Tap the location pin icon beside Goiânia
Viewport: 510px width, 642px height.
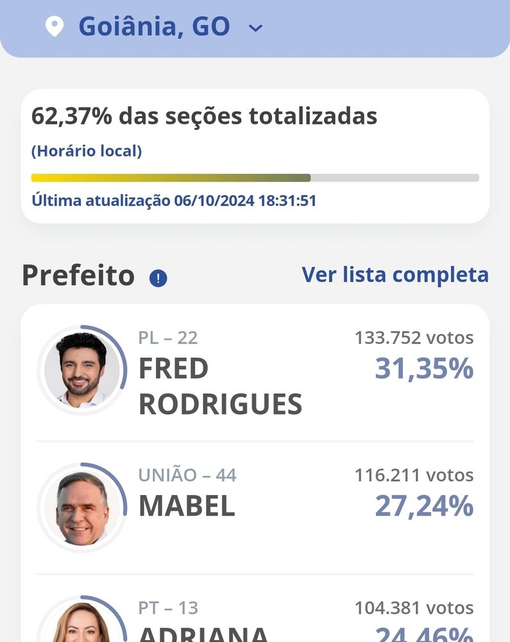(55, 27)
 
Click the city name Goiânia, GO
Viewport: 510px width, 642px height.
(154, 27)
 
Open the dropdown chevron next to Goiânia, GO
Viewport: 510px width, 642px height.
(255, 28)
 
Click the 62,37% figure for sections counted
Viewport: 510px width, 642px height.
(72, 116)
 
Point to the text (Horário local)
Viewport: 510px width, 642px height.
(87, 152)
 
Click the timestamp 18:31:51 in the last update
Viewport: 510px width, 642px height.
(287, 200)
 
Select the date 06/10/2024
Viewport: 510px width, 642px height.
(214, 200)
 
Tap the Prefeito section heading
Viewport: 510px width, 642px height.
(78, 275)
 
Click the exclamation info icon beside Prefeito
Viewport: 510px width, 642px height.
(158, 278)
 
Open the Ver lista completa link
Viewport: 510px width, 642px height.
(395, 275)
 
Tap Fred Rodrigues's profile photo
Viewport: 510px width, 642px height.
(82, 370)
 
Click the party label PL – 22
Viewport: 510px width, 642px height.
(168, 338)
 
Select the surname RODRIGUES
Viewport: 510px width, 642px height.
(220, 404)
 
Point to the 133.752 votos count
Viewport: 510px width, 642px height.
(414, 338)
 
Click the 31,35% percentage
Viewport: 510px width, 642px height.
(424, 369)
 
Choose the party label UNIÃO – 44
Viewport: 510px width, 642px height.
(187, 475)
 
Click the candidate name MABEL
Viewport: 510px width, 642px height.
(187, 506)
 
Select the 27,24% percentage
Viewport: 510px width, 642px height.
(424, 506)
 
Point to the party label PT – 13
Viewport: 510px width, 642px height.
(168, 607)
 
